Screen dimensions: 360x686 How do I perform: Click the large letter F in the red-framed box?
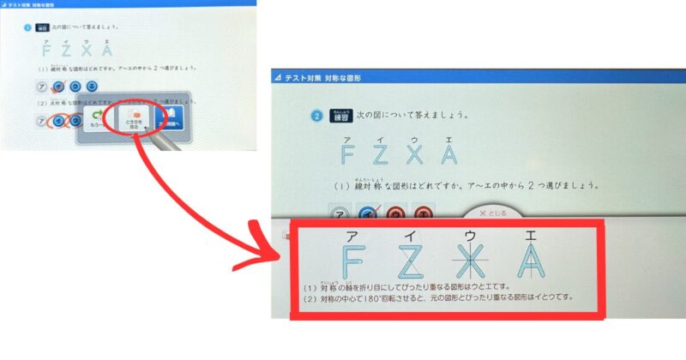pyautogui.click(x=350, y=261)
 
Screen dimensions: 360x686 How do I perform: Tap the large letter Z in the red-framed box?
pyautogui.click(x=412, y=261)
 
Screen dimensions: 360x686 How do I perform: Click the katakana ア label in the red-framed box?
pyautogui.click(x=350, y=234)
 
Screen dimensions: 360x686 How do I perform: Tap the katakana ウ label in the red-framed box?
pyautogui.click(x=471, y=234)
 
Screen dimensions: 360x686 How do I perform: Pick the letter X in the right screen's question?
pyautogui.click(x=415, y=153)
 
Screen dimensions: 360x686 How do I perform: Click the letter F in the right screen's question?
pyautogui.click(x=347, y=153)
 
